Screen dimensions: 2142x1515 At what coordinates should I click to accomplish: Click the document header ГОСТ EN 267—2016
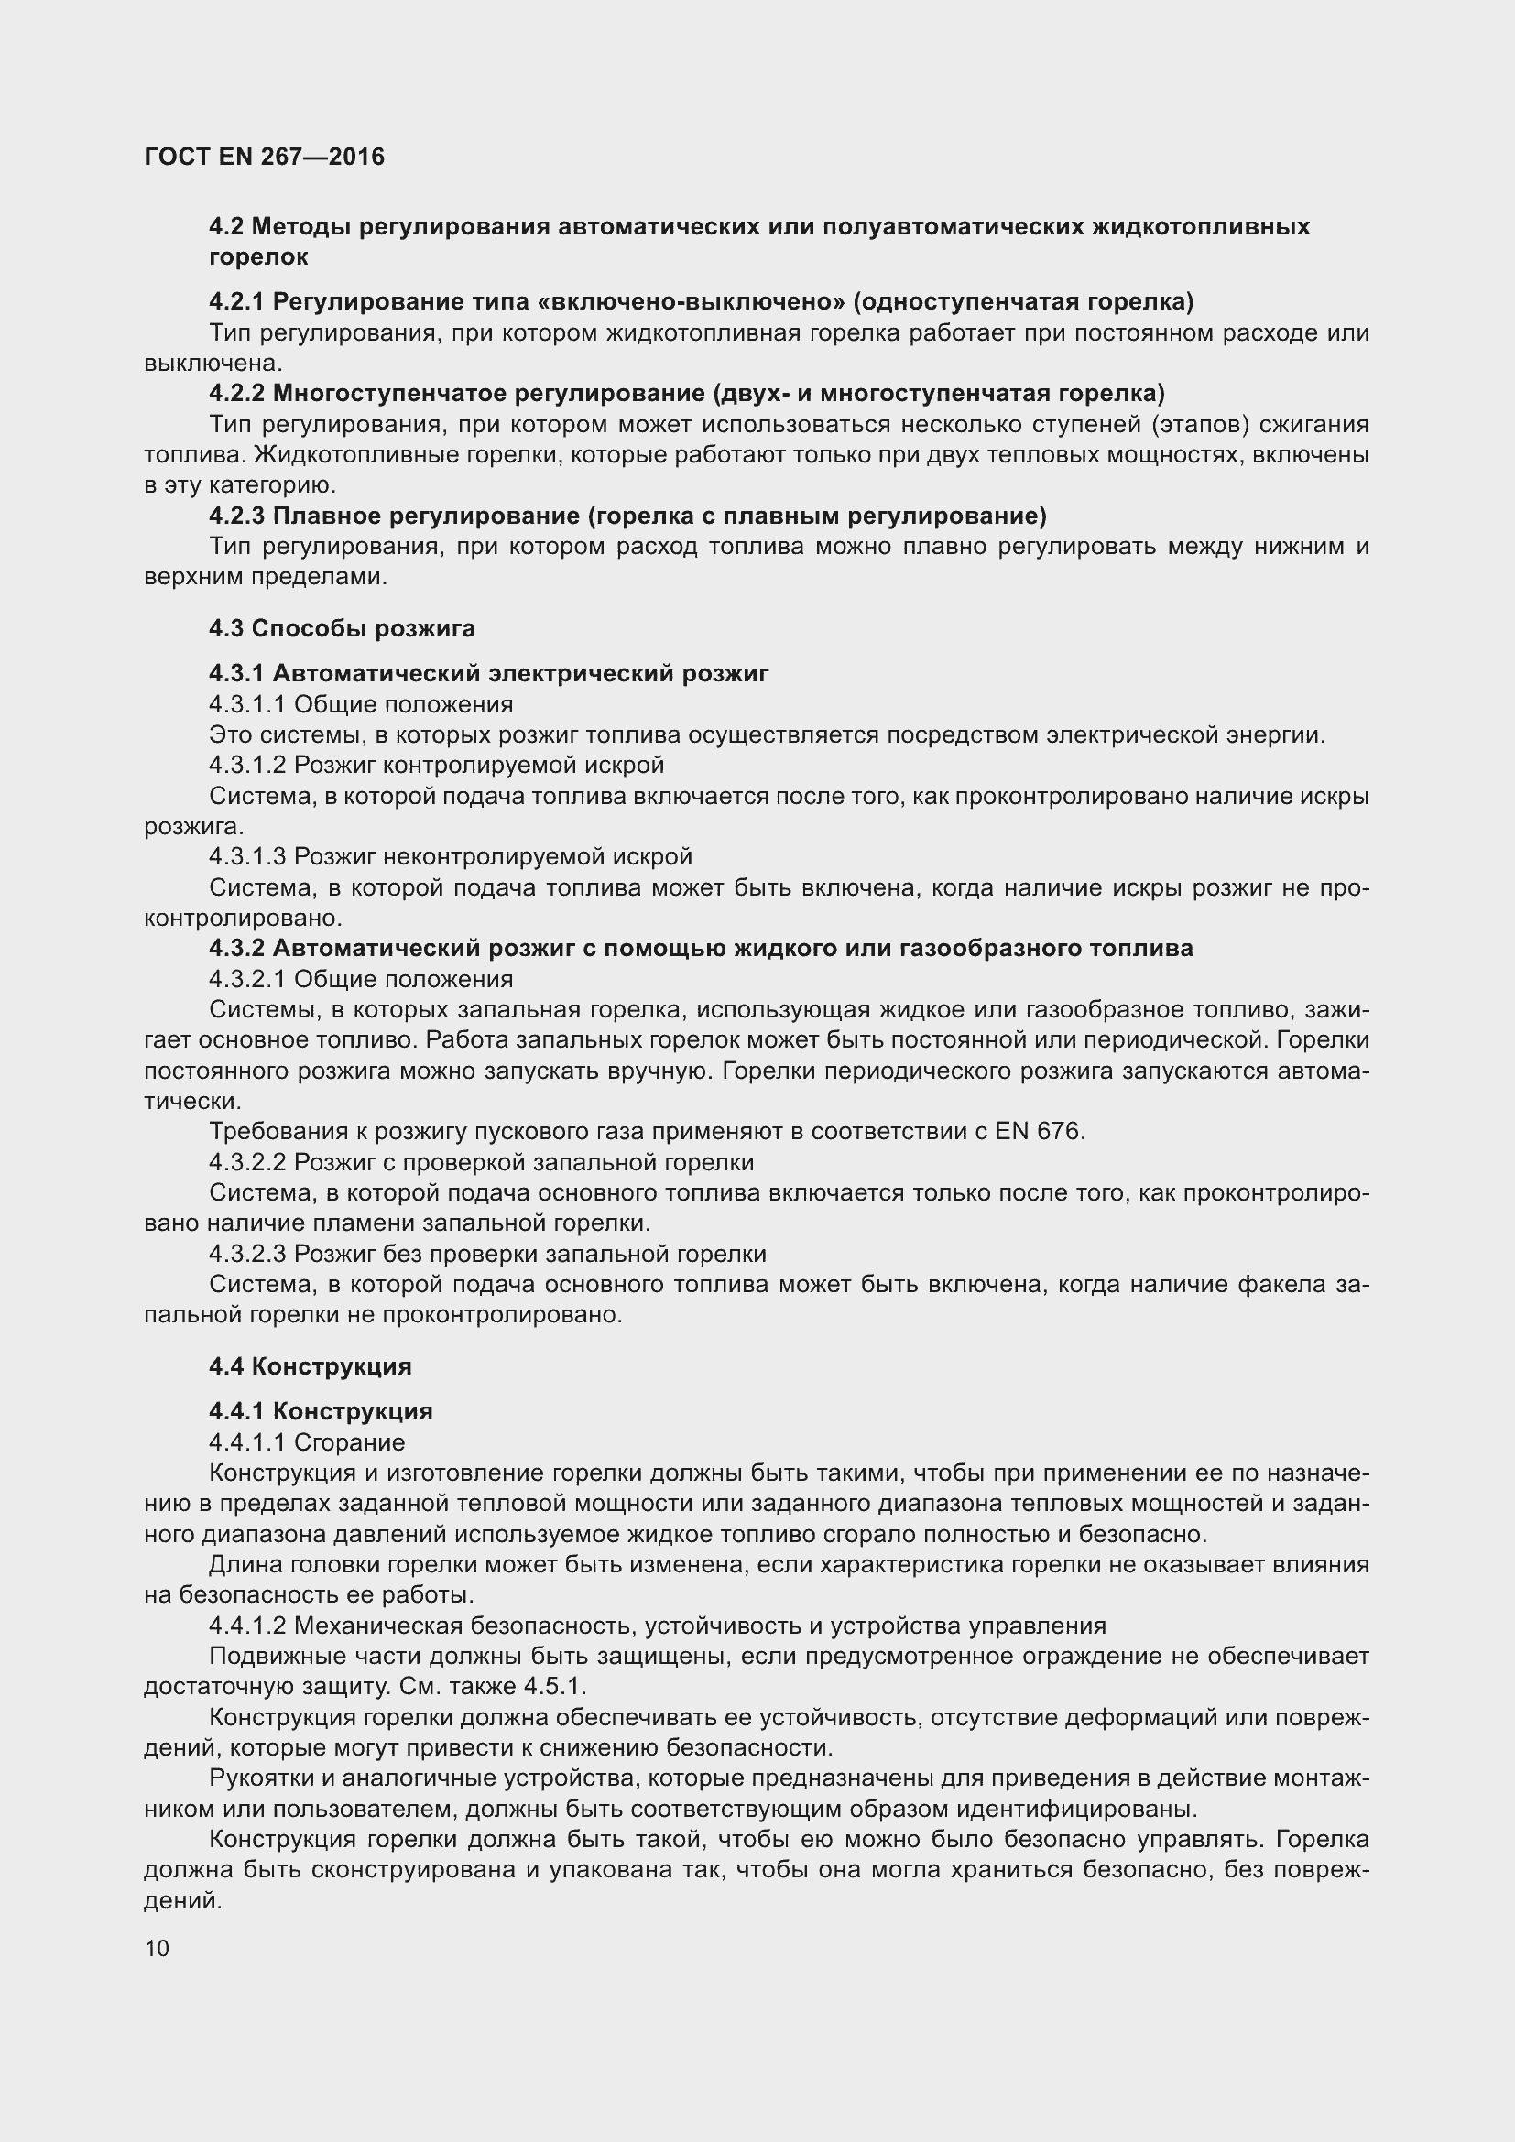(264, 157)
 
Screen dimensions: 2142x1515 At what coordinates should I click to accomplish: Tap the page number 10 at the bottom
(157, 1948)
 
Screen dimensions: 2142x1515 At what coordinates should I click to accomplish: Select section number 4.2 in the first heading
(225, 227)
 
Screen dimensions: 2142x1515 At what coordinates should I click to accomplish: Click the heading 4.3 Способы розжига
(342, 629)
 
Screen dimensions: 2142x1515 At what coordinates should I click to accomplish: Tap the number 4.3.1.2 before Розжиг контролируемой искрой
(247, 765)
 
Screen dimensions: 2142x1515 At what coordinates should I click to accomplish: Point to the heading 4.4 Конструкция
(310, 1366)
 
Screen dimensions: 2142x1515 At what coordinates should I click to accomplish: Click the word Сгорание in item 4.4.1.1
(349, 1442)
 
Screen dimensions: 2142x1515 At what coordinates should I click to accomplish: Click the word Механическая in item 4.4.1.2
(377, 1626)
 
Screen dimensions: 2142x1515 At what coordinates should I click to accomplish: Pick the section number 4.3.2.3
(247, 1254)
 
